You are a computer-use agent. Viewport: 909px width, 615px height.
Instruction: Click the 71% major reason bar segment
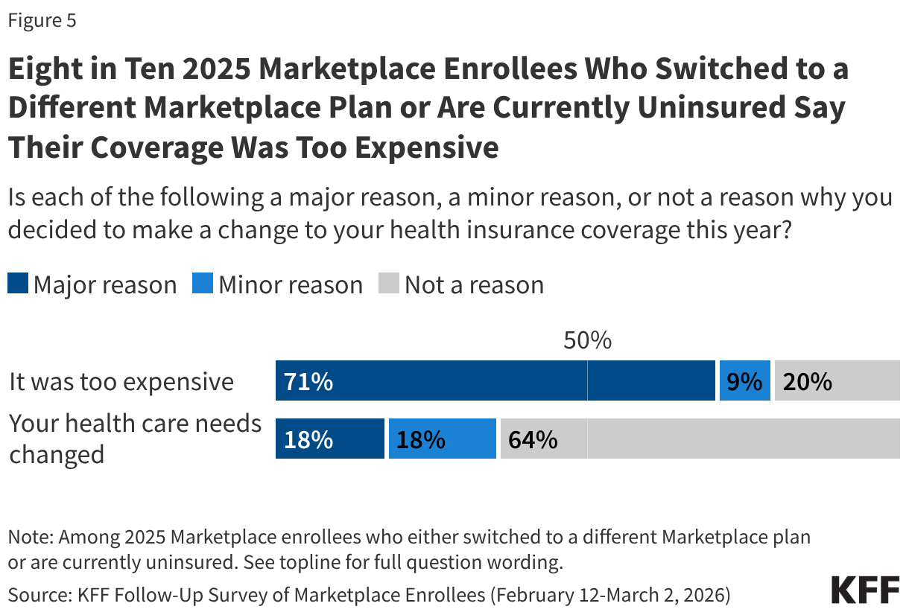495,381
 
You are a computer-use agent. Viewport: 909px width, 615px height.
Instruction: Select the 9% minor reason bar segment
744,381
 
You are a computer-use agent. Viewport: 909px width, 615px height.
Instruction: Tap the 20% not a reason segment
837,381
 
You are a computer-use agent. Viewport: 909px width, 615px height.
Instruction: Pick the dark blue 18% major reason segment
330,439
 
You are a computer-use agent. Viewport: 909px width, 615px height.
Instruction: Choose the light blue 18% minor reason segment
442,439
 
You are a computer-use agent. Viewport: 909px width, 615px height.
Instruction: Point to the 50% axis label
587,341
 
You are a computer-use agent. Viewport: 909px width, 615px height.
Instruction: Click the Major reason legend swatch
18,284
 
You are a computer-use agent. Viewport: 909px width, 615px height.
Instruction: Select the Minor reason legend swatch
202,284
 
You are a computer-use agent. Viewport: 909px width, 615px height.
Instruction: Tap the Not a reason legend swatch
389,284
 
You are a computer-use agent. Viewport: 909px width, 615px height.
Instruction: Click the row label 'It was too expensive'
121,382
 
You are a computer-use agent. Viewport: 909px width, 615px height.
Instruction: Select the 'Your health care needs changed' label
135,439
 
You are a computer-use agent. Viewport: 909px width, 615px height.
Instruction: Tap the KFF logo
865,589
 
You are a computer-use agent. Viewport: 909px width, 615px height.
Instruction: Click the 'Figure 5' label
42,21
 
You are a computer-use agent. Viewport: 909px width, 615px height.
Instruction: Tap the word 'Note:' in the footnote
30,536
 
